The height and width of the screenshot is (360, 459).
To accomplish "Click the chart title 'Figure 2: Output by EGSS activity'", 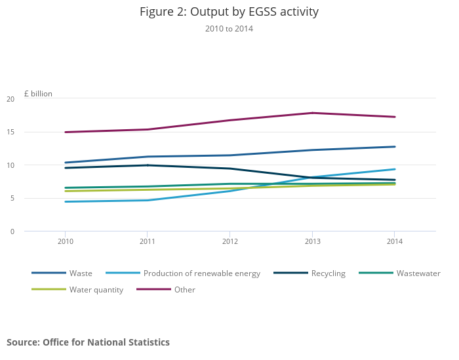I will (229, 12).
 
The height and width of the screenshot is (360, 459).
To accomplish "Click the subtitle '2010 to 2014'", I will (229, 29).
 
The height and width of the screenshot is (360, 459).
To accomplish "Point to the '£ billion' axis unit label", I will (38, 94).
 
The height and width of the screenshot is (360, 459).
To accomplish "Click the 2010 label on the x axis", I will (65, 242).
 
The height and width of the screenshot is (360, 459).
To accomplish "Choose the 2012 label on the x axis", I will (229, 242).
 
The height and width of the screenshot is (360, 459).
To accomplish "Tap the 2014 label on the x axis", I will (393, 242).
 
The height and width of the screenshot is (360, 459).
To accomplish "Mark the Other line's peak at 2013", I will (311, 113).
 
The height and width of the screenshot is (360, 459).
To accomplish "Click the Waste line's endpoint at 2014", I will (394, 147).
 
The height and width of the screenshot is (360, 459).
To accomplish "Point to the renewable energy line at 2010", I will (65, 201).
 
